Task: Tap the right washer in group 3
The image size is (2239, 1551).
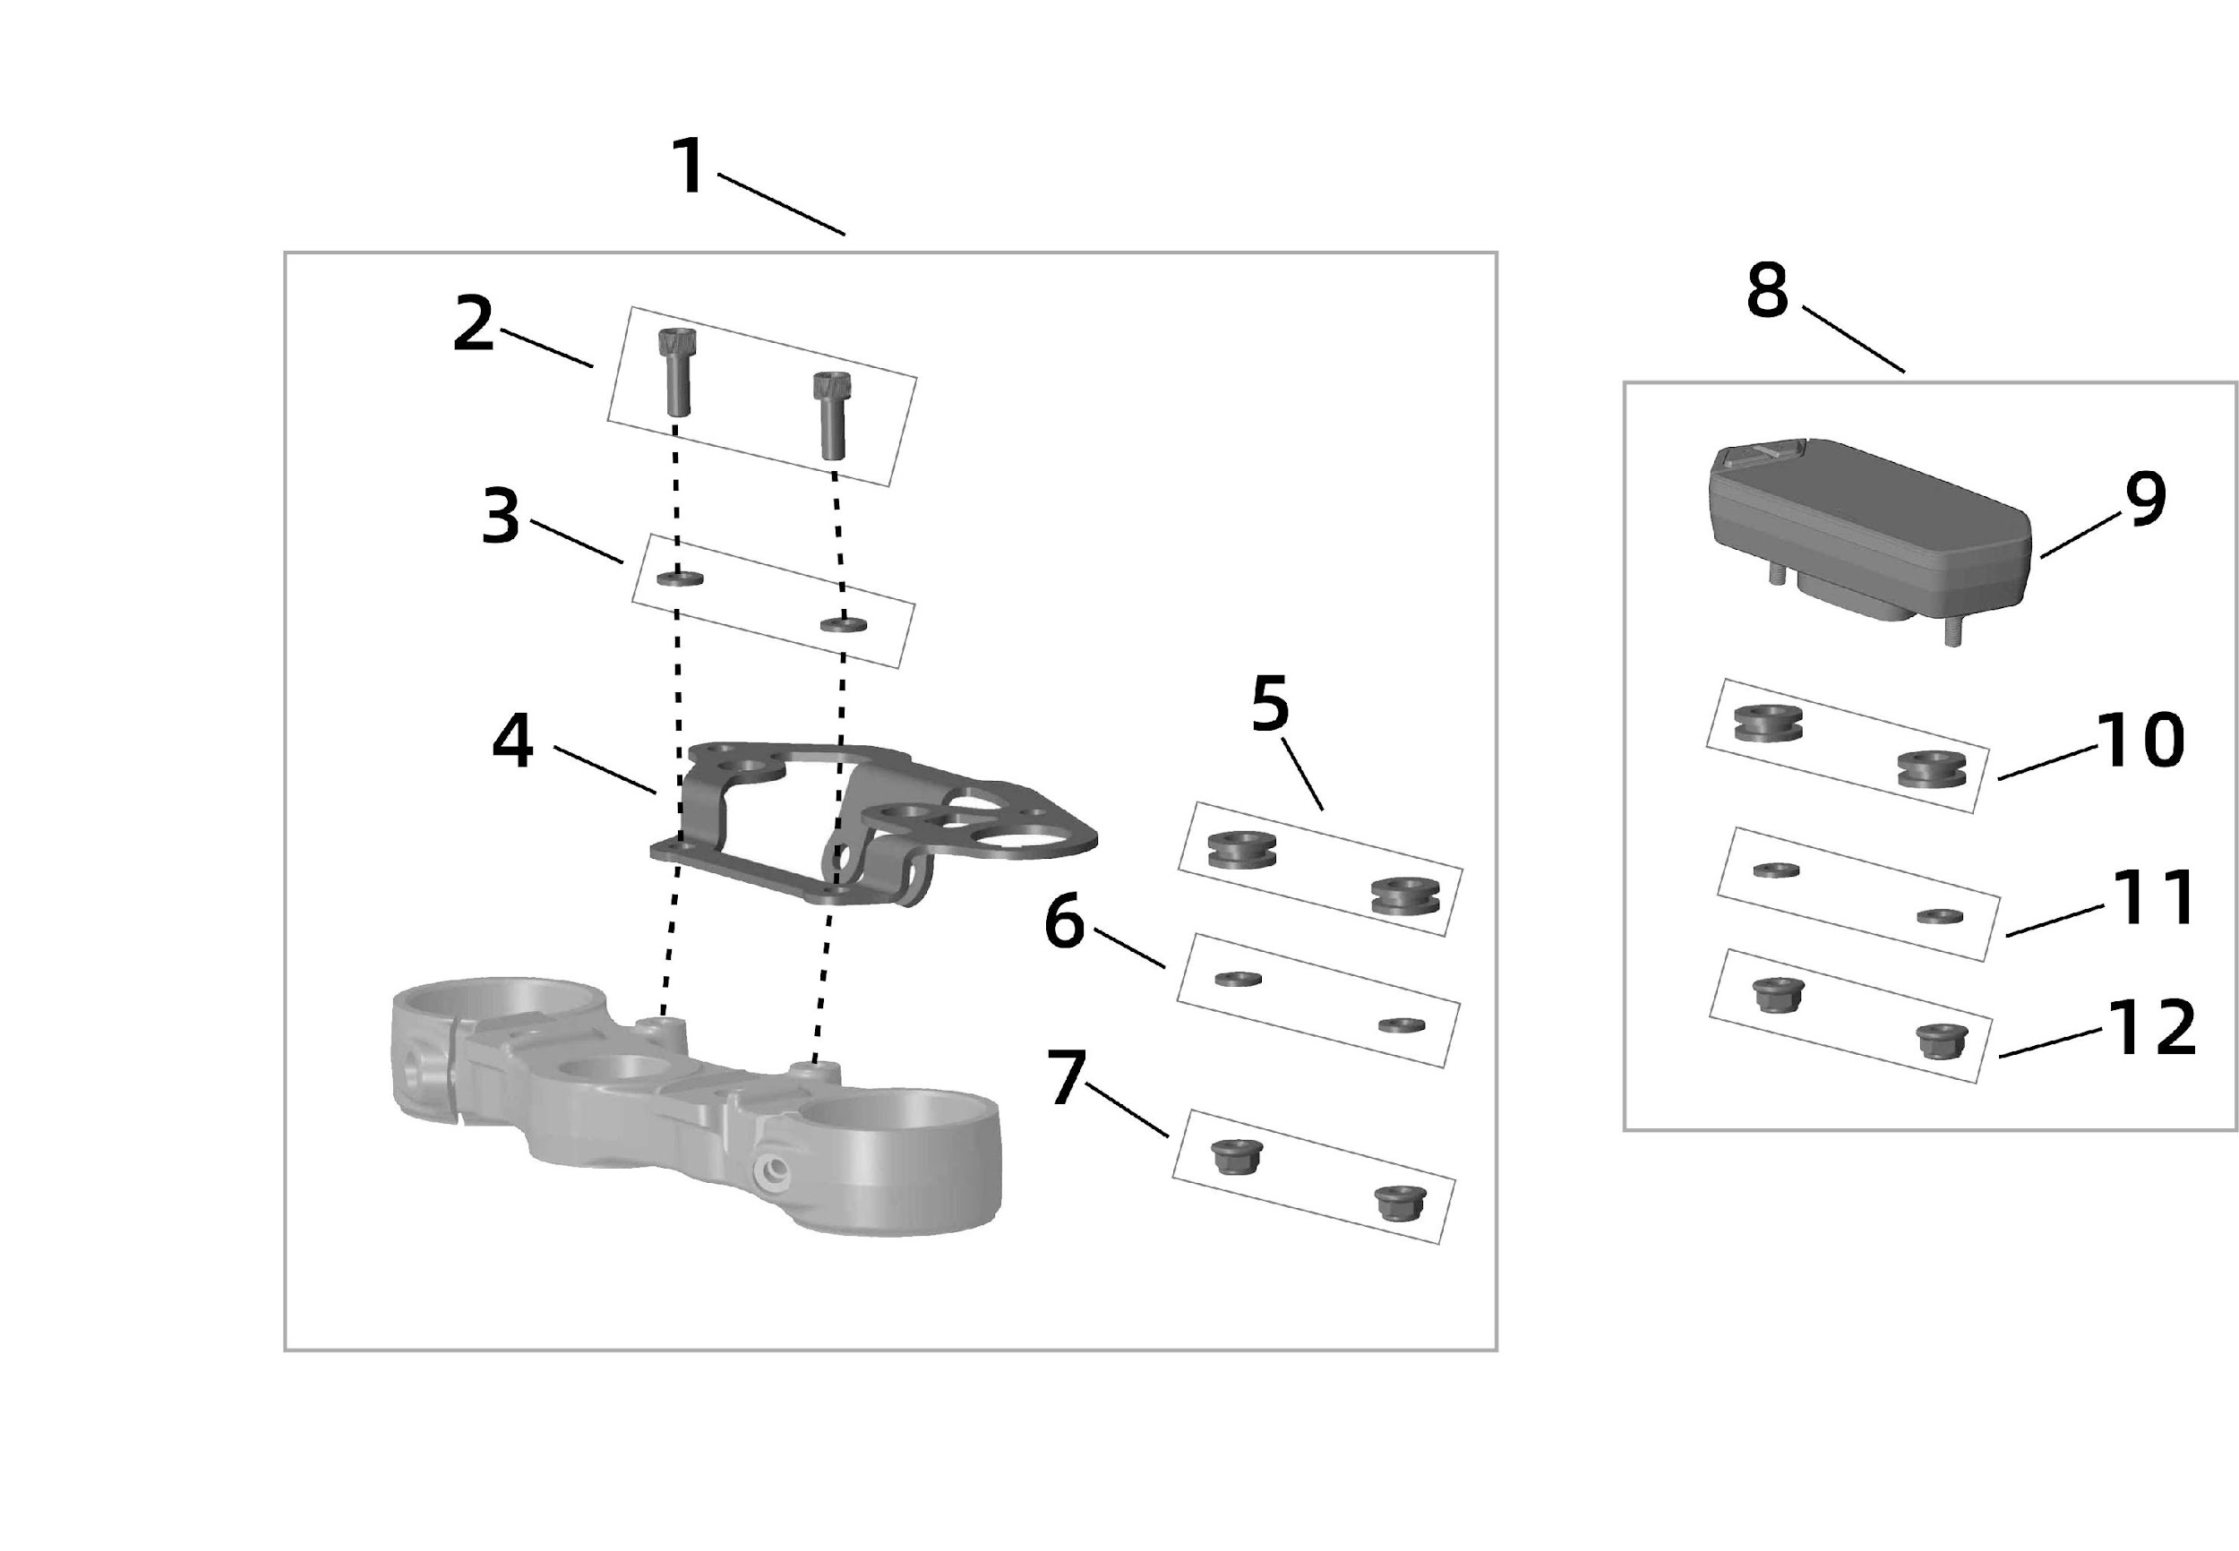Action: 843,623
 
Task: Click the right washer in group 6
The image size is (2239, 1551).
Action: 1402,1024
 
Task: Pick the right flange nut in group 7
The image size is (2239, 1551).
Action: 1399,1202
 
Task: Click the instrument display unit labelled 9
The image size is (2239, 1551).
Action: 1866,525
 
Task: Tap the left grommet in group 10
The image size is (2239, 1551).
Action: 1768,723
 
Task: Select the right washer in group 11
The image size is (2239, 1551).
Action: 1939,915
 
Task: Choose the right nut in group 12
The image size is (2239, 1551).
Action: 1941,1041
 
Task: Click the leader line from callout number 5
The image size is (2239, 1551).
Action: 1301,773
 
